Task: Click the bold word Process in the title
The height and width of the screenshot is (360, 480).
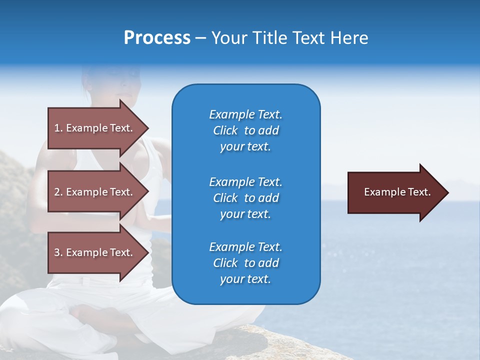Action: tap(157, 38)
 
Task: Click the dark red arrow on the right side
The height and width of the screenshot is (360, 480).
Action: tap(395, 192)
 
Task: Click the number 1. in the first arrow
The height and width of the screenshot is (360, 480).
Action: tap(58, 128)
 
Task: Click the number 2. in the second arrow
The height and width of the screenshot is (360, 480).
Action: tap(58, 192)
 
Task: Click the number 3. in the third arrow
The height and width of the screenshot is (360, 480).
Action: tap(58, 252)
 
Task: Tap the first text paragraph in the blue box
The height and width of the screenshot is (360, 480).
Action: tap(245, 130)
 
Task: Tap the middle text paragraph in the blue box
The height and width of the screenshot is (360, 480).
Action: tap(245, 198)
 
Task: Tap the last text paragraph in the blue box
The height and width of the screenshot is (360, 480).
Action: tap(245, 263)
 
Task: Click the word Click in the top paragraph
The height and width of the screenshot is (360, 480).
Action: tap(225, 130)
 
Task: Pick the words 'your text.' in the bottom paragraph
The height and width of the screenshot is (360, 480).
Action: tap(245, 279)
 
